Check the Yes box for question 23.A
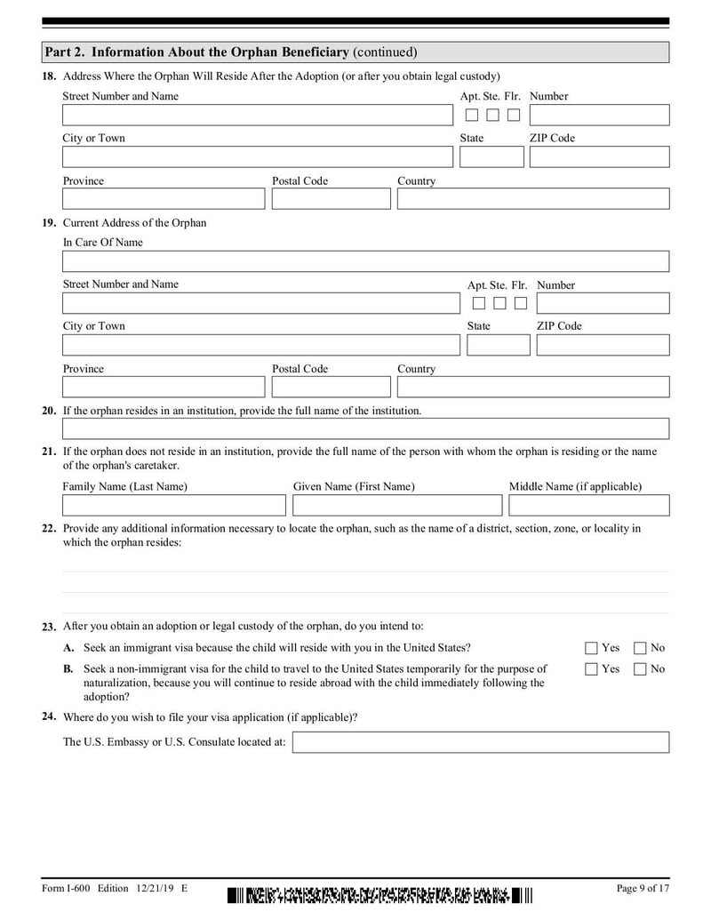click(591, 648)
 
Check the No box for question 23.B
click(640, 669)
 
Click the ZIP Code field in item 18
click(599, 157)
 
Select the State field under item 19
click(498, 345)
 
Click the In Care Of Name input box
click(365, 261)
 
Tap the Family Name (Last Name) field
click(174, 506)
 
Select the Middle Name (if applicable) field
click(588, 506)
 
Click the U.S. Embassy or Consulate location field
click(481, 742)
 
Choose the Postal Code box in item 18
click(331, 199)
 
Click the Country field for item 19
click(533, 388)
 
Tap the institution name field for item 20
click(365, 429)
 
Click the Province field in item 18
click(164, 199)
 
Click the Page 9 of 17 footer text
click(642, 888)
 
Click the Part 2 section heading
click(231, 52)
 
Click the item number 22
click(50, 528)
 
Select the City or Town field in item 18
click(257, 157)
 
